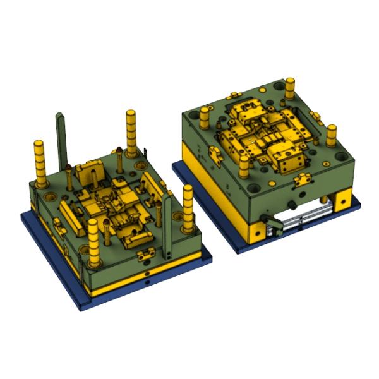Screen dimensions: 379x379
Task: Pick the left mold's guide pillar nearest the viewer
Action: [93, 243]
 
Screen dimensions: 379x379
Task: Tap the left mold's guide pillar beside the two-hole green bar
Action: [188, 208]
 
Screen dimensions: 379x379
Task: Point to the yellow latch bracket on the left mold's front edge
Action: [146, 255]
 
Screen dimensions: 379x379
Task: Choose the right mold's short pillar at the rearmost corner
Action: [290, 88]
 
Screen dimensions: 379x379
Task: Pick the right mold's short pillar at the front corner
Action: [244, 166]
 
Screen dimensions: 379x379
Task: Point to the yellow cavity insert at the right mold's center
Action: [265, 133]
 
